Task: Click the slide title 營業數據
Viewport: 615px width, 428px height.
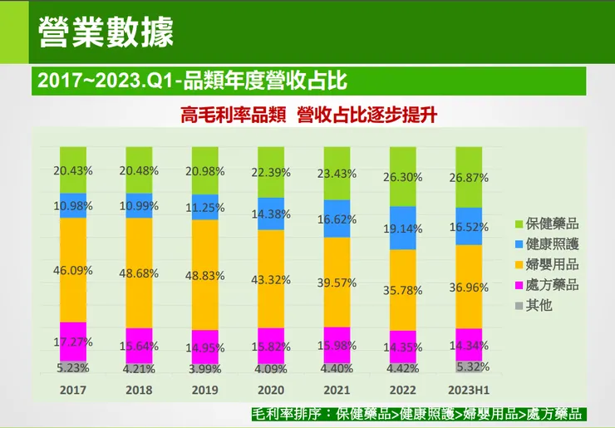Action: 106,32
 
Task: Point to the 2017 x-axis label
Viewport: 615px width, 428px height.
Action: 72,389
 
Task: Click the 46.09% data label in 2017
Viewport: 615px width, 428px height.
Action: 72,270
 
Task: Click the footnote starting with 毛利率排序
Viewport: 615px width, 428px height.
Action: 418,414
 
